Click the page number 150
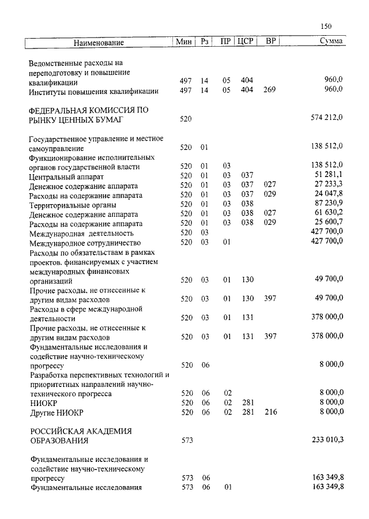point(325,26)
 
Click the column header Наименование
point(99,43)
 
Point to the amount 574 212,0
point(327,118)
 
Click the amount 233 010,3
point(327,440)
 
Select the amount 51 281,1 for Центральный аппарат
point(329,175)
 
